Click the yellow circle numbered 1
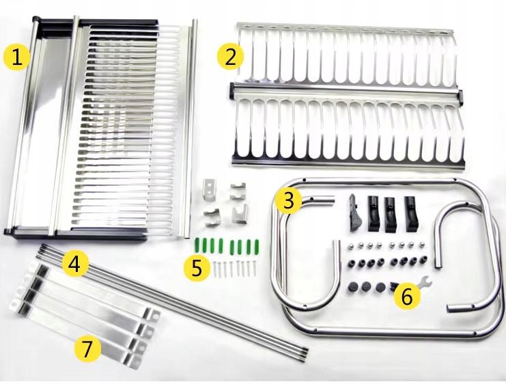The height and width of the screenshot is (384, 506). (x=17, y=58)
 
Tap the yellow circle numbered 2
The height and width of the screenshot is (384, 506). (x=230, y=57)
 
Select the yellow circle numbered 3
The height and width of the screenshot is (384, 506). (x=288, y=201)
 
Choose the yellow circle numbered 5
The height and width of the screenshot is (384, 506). (x=197, y=269)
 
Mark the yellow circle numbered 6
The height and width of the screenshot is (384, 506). (x=407, y=295)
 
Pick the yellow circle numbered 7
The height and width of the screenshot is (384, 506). (x=87, y=348)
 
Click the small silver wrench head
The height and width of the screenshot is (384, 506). (x=425, y=280)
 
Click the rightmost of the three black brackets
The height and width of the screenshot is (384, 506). (x=410, y=213)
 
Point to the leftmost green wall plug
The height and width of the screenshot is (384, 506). (x=197, y=245)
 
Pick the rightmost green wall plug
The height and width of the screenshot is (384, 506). (x=257, y=245)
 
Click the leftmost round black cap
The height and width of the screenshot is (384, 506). (x=353, y=286)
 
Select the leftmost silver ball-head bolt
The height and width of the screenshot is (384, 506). (x=350, y=247)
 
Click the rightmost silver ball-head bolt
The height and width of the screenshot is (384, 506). (x=421, y=246)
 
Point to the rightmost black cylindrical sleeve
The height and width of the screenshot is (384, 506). (x=423, y=260)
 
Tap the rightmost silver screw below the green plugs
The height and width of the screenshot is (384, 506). (x=253, y=268)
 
